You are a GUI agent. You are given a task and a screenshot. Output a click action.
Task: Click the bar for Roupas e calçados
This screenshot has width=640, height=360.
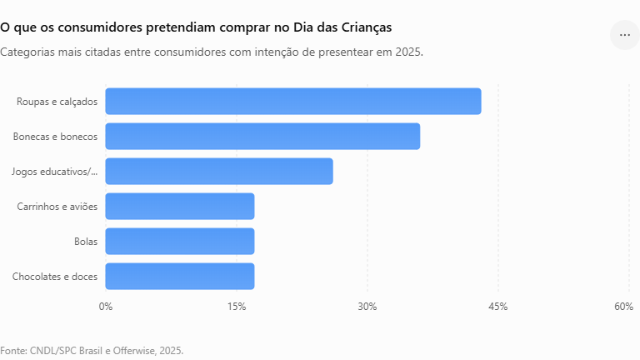(293, 101)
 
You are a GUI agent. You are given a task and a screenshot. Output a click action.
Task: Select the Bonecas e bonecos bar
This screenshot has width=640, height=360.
(262, 137)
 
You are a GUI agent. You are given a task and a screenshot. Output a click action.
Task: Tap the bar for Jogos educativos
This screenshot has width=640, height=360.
(219, 172)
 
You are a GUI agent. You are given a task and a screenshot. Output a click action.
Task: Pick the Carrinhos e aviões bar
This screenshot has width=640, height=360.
(180, 206)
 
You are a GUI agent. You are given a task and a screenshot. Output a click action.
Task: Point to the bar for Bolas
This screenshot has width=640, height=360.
(180, 241)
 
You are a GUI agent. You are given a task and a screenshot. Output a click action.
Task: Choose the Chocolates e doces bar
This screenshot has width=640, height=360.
(180, 277)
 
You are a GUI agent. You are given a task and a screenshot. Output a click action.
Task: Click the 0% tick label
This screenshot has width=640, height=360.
(106, 307)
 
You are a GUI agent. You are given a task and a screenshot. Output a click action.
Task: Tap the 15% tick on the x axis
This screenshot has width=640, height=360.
(237, 307)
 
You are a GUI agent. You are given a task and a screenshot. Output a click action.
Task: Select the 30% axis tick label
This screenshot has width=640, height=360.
(367, 307)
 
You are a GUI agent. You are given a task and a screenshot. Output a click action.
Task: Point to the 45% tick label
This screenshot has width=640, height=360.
(498, 307)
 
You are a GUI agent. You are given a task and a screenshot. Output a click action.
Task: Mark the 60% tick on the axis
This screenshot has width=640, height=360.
(623, 307)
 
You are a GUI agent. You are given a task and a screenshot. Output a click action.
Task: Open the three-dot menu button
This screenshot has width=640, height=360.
(624, 35)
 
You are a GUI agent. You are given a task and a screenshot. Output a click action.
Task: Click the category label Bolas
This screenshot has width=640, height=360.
(86, 242)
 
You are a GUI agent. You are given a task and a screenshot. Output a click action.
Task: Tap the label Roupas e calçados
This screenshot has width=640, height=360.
(57, 102)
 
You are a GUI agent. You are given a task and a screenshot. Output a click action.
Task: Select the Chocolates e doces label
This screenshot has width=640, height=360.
(55, 277)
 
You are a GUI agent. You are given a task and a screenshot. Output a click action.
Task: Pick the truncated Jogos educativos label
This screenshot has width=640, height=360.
(55, 172)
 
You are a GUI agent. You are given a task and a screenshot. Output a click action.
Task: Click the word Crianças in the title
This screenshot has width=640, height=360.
(367, 27)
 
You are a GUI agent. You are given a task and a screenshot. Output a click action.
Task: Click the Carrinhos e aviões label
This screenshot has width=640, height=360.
(57, 207)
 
